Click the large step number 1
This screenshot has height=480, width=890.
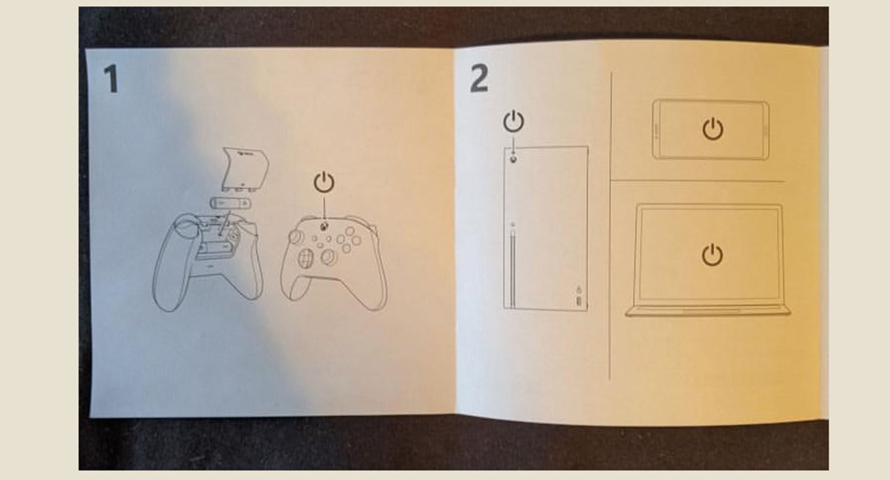coord(111,79)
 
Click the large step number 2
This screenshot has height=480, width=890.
coord(479,79)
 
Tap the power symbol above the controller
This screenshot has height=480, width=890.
coord(324,182)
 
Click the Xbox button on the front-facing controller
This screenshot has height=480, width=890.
coord(323,227)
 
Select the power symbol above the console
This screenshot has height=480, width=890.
coord(513,121)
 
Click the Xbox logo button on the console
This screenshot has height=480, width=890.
coord(514,159)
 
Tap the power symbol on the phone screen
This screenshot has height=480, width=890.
coord(712,129)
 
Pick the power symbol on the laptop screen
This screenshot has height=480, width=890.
coord(712,256)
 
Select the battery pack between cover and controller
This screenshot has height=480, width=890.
coord(227,203)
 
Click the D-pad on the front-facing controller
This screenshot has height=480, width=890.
coord(305,258)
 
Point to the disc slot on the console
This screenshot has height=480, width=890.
coord(512,268)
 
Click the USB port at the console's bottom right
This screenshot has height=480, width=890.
coord(578,300)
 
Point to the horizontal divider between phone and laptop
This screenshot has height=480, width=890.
coord(698,181)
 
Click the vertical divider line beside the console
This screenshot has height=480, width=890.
coord(610,231)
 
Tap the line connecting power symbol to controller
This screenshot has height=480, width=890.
coord(324,207)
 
